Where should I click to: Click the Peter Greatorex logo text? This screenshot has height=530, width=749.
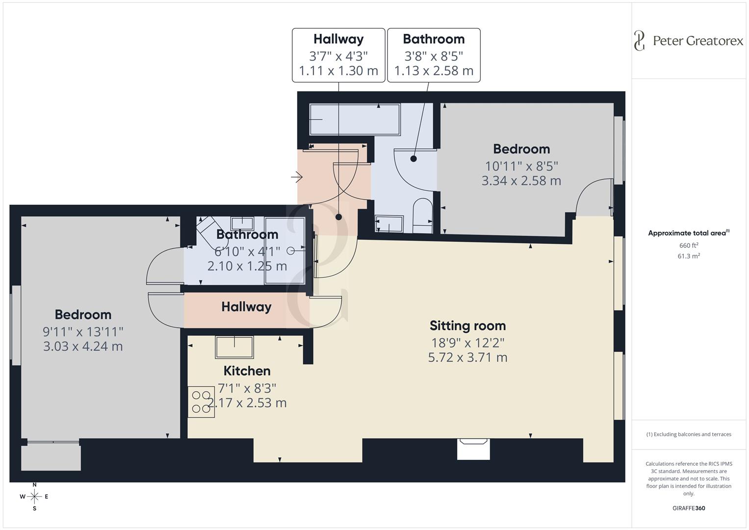(x=697, y=41)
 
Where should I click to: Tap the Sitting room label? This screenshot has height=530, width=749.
(x=467, y=326)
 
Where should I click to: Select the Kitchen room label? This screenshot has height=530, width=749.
(x=247, y=371)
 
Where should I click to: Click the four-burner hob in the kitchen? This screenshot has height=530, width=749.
(x=201, y=402)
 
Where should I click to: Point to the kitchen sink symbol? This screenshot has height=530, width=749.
(x=234, y=347)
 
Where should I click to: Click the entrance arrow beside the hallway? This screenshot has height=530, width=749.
(x=297, y=177)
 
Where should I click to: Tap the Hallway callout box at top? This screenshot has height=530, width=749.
(x=338, y=55)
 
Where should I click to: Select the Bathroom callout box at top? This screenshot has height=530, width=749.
(x=434, y=55)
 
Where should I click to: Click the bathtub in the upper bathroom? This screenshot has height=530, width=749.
(x=355, y=119)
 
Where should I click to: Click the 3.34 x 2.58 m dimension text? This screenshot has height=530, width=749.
(x=521, y=181)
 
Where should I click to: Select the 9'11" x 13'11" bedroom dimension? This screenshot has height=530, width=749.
(x=83, y=331)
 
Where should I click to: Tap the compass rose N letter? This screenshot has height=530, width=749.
(x=34, y=485)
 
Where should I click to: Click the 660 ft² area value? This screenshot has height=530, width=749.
(x=688, y=245)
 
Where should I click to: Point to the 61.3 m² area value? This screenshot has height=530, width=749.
(x=688, y=256)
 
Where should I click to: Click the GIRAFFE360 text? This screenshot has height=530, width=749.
(x=688, y=508)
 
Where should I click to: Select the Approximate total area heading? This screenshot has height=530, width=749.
(x=688, y=233)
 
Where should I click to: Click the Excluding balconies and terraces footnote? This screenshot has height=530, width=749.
(x=688, y=434)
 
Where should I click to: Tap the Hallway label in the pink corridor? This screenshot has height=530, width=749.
(x=246, y=307)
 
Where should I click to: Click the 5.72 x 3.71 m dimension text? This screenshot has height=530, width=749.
(x=467, y=357)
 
